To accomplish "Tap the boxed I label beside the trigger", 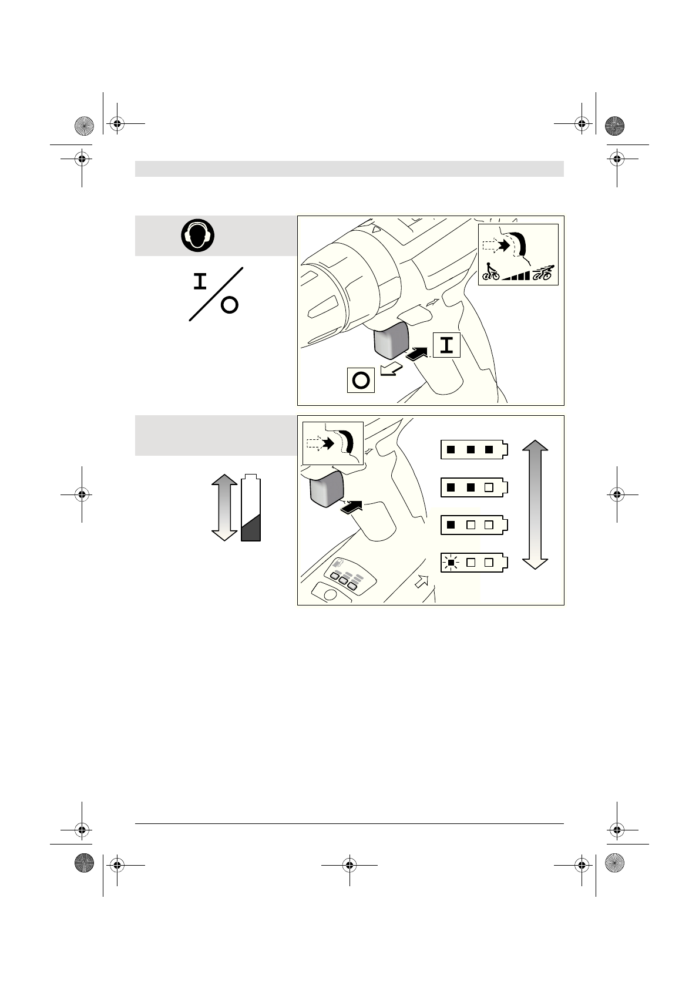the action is click(x=446, y=345).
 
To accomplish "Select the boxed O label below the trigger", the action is click(x=361, y=381).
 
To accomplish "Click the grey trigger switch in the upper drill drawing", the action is click(x=391, y=341).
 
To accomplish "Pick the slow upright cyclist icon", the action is click(x=490, y=272).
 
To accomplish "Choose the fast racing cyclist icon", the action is click(x=543, y=273).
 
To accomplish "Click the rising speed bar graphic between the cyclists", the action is click(x=516, y=275).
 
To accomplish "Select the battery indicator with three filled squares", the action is click(x=473, y=450).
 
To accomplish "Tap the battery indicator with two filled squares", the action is click(x=473, y=487).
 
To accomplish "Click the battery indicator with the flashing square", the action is click(x=473, y=563).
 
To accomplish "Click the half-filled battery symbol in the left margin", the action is click(x=251, y=508).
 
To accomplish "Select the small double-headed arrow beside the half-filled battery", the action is click(x=223, y=508).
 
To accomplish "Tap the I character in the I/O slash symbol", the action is click(x=201, y=282).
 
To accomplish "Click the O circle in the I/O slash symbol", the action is click(x=230, y=305).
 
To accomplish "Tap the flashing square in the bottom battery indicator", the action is click(x=451, y=563).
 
